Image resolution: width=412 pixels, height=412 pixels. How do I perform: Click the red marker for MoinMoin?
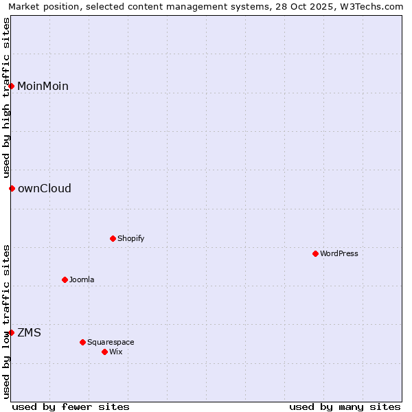pyautogui.click(x=12, y=86)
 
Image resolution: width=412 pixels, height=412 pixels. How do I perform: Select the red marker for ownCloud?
pyautogui.click(x=12, y=188)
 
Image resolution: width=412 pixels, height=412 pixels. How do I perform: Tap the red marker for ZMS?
pyautogui.click(x=12, y=332)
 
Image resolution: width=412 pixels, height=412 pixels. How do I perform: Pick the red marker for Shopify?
pyautogui.click(x=113, y=238)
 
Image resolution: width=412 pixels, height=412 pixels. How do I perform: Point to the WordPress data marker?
pyautogui.click(x=316, y=253)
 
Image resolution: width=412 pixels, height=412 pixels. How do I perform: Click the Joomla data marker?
pyautogui.click(x=65, y=279)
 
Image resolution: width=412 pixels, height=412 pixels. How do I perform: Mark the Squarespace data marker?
pyautogui.click(x=83, y=342)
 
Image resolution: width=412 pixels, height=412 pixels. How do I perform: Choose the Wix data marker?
pyautogui.click(x=105, y=352)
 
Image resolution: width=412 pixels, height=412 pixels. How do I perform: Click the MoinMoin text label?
pyautogui.click(x=43, y=86)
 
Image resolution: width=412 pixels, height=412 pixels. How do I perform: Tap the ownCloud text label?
pyautogui.click(x=45, y=188)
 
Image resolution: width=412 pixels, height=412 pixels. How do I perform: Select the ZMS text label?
pyautogui.click(x=29, y=332)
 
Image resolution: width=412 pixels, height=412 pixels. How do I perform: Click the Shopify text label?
pyautogui.click(x=130, y=238)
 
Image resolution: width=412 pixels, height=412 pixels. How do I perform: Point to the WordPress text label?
pyautogui.click(x=339, y=253)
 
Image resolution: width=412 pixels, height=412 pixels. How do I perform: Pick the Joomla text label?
pyautogui.click(x=82, y=279)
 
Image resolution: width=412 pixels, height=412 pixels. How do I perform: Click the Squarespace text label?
pyautogui.click(x=111, y=342)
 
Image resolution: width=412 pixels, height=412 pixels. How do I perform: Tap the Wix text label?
pyautogui.click(x=116, y=352)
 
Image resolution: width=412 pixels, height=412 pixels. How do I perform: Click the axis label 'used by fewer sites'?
pyautogui.click(x=71, y=407)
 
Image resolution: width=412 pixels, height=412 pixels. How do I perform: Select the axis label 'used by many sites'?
pyautogui.click(x=345, y=407)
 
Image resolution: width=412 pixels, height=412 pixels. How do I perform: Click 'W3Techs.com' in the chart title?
pyautogui.click(x=373, y=7)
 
